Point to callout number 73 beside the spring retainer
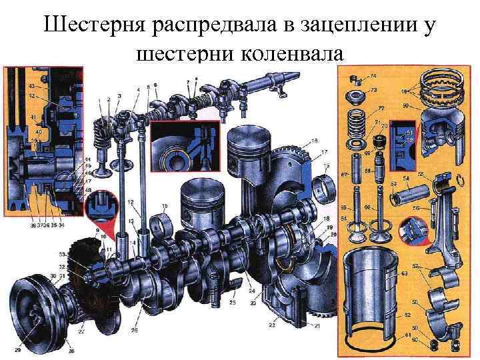pyautogui.click(x=374, y=90)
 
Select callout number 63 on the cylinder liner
pyautogui.click(x=404, y=273)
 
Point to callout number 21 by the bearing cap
pyautogui.click(x=297, y=325)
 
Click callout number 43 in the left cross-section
pyautogui.click(x=32, y=87)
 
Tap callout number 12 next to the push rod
pyautogui.click(x=131, y=202)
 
